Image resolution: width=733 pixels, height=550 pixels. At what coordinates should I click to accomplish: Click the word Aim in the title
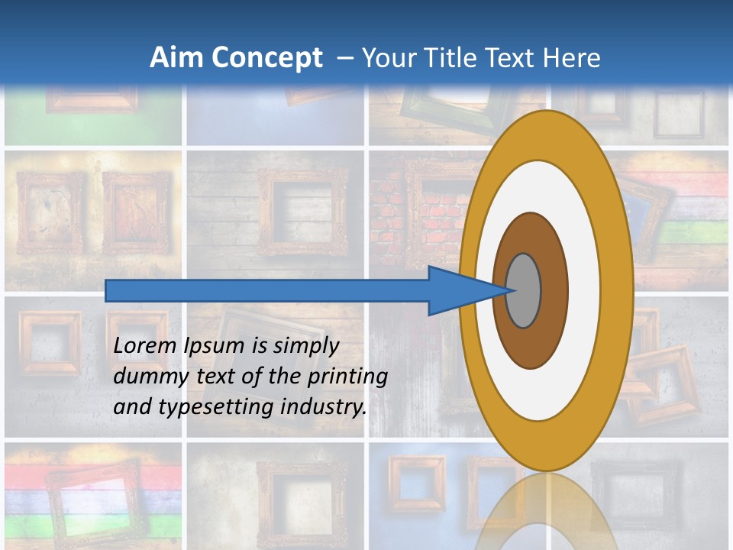(177, 57)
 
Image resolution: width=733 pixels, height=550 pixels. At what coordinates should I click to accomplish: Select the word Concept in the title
(267, 57)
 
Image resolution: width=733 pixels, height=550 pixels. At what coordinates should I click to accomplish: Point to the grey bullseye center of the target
(524, 290)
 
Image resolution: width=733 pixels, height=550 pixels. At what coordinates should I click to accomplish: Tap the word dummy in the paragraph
(145, 377)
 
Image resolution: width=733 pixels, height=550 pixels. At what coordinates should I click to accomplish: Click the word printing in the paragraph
(347, 377)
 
